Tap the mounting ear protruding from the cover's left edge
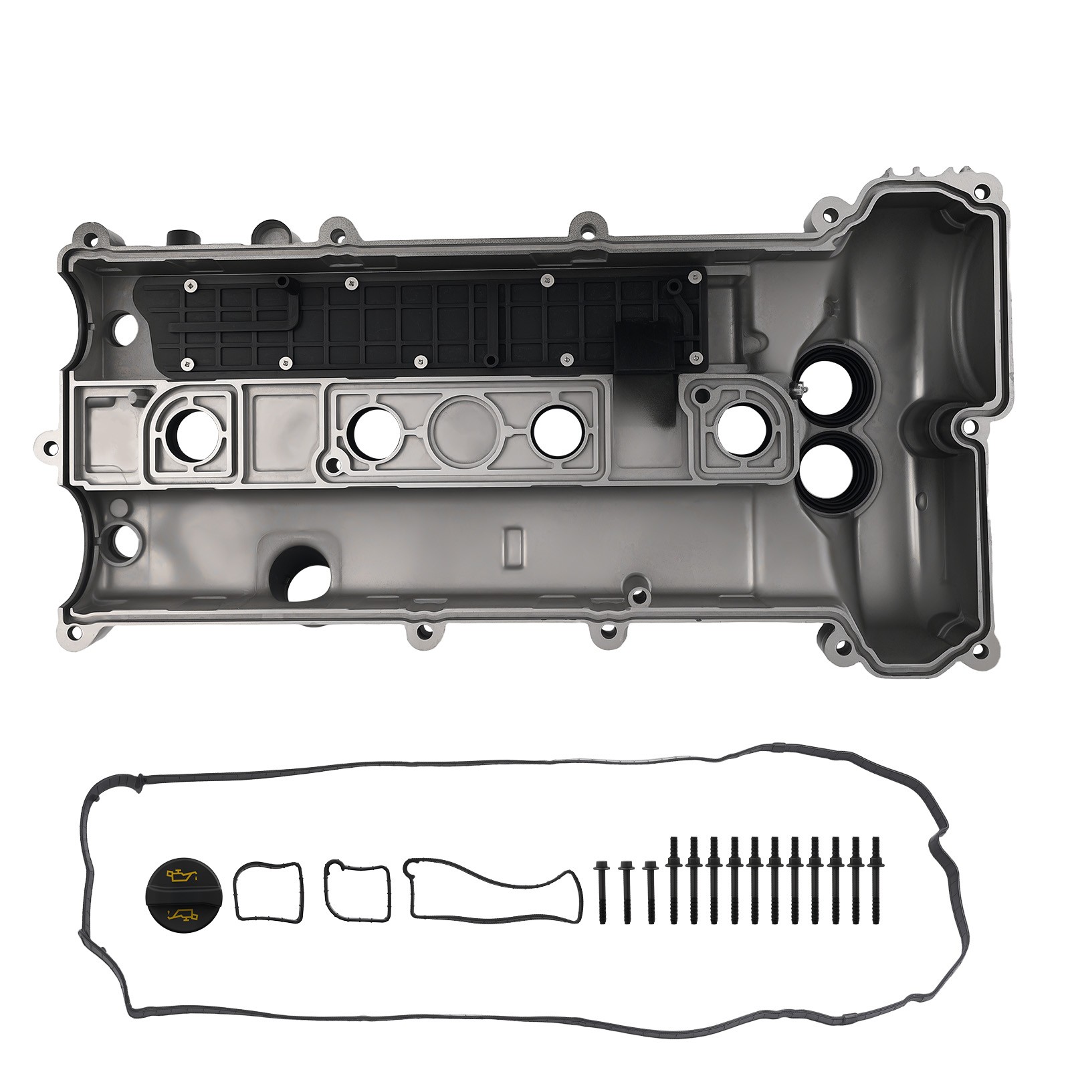[47, 445]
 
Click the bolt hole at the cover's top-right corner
[980, 192]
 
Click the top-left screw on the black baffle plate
[191, 286]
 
